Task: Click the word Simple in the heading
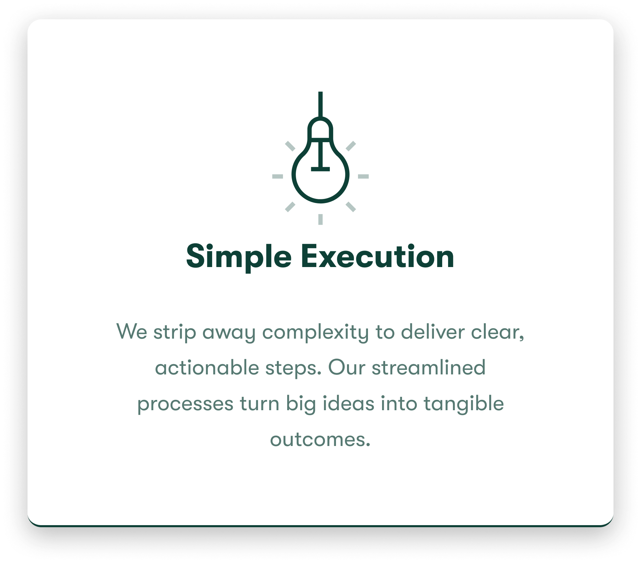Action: [x=239, y=257]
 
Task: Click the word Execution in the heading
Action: [x=378, y=256]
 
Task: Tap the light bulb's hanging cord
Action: [x=320, y=104]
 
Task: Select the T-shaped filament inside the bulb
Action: [x=320, y=156]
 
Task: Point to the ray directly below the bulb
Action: [x=320, y=219]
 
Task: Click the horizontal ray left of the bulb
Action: [x=278, y=177]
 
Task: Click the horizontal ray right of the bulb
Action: [x=363, y=177]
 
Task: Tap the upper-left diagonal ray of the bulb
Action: [x=290, y=146]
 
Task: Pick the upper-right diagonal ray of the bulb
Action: [x=351, y=146]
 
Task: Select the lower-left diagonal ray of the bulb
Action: [x=290, y=207]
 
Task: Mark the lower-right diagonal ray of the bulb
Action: [x=351, y=207]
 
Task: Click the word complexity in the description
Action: [x=315, y=333]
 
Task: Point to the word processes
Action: [x=185, y=404]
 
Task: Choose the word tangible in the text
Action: [x=464, y=404]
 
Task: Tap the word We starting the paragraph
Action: [x=132, y=331]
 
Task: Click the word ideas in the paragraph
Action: [x=348, y=403]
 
